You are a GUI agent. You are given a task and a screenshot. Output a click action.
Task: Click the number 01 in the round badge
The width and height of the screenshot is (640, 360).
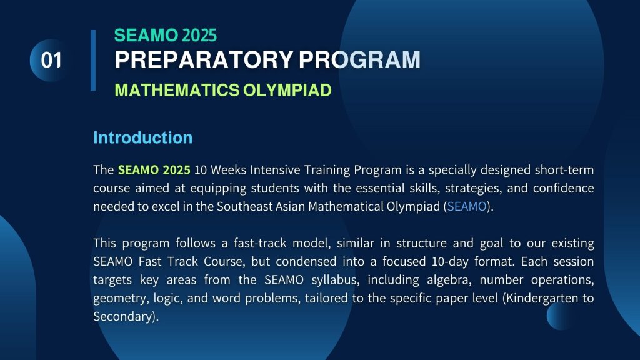pyautogui.click(x=51, y=60)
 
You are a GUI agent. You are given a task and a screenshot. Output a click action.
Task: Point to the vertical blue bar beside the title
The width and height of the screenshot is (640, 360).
pyautogui.click(x=93, y=60)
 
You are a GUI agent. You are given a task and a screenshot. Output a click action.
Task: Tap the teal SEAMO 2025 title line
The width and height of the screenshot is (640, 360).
pyautogui.click(x=165, y=36)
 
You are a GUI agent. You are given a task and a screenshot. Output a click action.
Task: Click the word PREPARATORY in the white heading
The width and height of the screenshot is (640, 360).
pyautogui.click(x=204, y=59)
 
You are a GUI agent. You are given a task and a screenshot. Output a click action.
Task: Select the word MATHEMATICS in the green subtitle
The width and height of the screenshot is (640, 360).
pyautogui.click(x=177, y=90)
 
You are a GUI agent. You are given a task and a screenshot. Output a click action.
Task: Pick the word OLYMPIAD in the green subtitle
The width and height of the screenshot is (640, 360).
pyautogui.click(x=287, y=90)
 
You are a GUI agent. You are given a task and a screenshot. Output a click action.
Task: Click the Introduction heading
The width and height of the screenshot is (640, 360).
pyautogui.click(x=143, y=137)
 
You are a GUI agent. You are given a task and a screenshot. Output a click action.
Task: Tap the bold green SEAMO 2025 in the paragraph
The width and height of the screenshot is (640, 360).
pyautogui.click(x=154, y=169)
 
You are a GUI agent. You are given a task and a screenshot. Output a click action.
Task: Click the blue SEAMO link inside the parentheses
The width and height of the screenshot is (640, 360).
pyautogui.click(x=467, y=206)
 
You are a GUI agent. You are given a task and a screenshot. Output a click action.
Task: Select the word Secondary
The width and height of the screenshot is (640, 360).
pyautogui.click(x=124, y=317)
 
